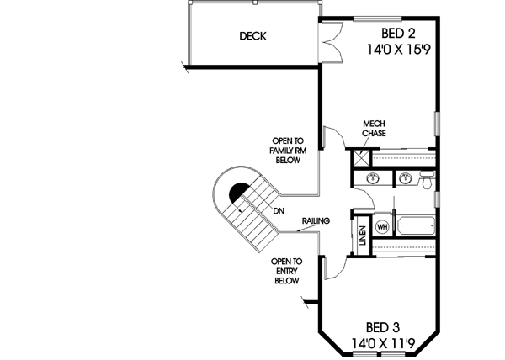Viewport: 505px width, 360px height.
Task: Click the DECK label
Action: [252, 35]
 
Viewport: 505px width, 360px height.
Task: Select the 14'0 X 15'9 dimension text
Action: [399, 50]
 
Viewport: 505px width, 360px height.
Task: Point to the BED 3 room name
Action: [383, 327]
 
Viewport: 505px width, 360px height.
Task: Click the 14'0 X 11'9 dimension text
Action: [383, 343]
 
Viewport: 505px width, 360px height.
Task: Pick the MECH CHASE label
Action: [375, 128]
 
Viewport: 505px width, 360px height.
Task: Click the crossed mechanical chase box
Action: [360, 157]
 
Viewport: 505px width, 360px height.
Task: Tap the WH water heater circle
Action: [382, 227]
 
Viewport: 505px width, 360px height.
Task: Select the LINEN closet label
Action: [362, 236]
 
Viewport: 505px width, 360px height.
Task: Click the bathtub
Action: [417, 226]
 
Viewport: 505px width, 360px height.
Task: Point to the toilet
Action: [427, 181]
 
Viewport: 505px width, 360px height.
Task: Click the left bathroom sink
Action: [372, 178]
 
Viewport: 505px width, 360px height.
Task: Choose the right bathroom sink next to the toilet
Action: [406, 178]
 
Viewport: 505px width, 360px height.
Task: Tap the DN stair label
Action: [278, 211]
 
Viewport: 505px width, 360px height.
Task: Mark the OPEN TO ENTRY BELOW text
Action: [287, 271]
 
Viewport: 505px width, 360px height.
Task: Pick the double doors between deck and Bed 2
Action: [332, 42]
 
